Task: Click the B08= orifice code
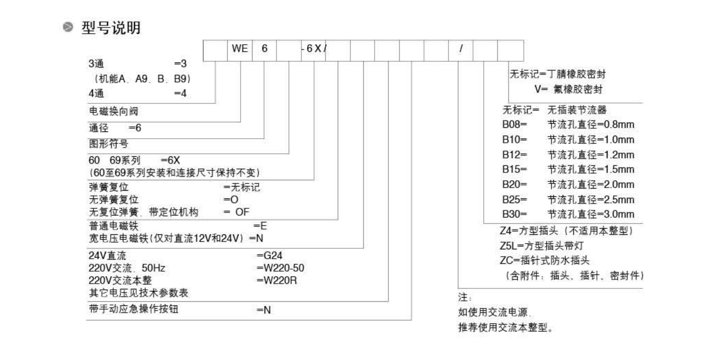tap(514, 125)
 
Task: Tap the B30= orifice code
tap(514, 214)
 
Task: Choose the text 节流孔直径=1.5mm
tap(590, 169)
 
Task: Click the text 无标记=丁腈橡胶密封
tap(558, 75)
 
